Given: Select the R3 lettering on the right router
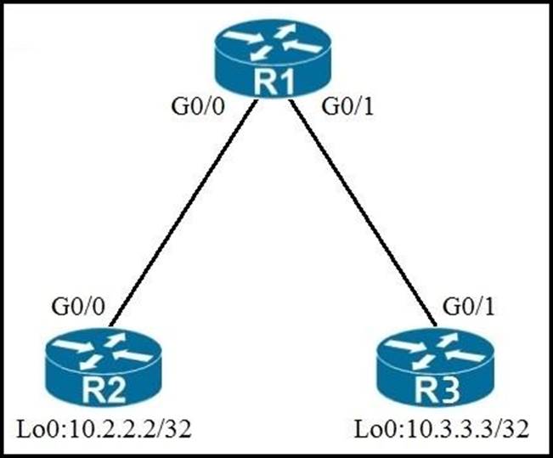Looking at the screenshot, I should click(x=436, y=392).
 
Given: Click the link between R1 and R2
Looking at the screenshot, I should click(x=183, y=212).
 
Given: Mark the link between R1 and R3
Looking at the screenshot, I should click(x=361, y=212).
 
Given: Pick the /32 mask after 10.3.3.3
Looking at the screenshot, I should click(x=503, y=430).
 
